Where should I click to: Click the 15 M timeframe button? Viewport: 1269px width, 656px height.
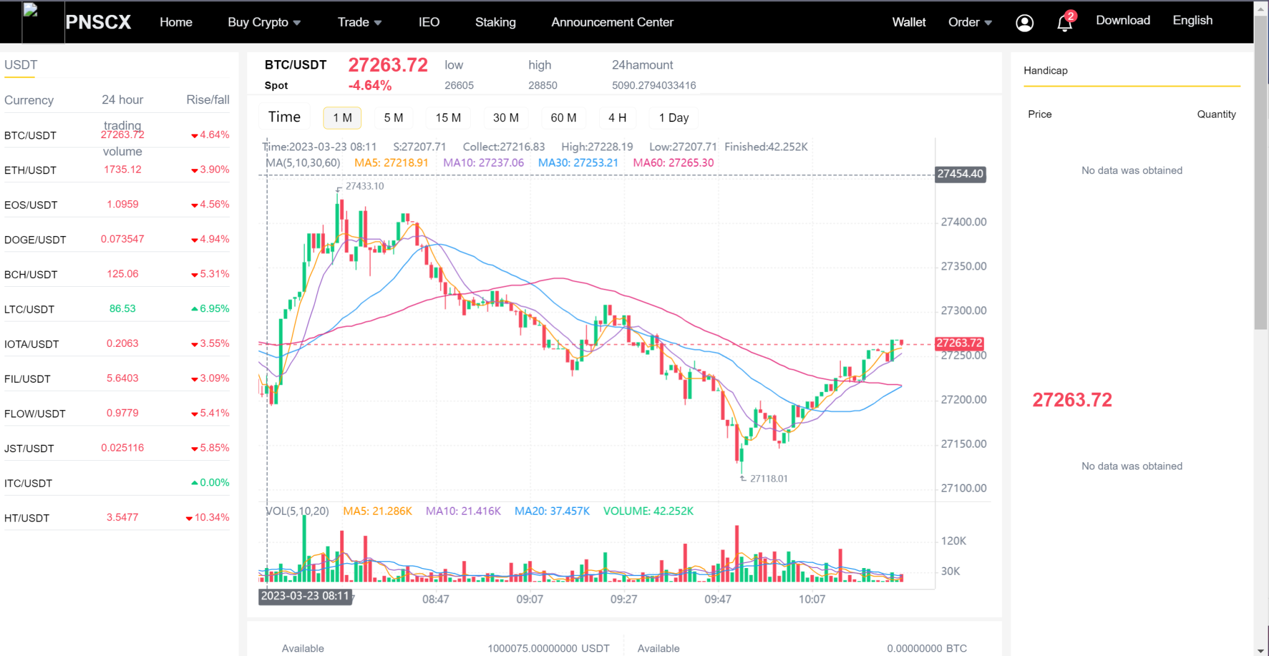point(448,118)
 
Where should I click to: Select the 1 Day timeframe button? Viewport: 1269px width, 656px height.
point(674,118)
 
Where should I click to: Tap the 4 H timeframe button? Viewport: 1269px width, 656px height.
point(617,118)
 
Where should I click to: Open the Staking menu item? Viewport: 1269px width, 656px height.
point(495,22)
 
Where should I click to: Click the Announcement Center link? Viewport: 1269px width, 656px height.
point(612,22)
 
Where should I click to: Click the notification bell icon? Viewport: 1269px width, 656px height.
point(1065,23)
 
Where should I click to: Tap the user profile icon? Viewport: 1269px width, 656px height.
point(1025,23)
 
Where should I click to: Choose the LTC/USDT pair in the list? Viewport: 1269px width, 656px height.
point(29,309)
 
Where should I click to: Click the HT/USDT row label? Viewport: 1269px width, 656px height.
point(27,518)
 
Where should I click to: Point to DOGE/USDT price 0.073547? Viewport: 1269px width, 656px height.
point(123,239)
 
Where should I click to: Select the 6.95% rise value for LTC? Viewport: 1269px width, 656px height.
point(214,308)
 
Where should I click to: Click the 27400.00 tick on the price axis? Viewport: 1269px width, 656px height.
point(964,222)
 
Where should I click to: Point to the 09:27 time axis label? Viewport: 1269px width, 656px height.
point(623,599)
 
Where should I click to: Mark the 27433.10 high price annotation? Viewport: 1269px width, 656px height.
point(364,186)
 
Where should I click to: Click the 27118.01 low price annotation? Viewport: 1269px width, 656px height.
point(768,478)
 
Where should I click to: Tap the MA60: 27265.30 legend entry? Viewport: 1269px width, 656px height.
point(673,163)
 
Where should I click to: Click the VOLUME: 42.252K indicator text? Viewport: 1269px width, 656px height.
point(648,511)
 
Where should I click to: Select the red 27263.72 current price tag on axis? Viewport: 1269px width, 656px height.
point(959,343)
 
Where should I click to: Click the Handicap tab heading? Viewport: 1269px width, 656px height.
point(1045,71)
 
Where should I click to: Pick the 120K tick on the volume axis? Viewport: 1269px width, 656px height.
point(953,541)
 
